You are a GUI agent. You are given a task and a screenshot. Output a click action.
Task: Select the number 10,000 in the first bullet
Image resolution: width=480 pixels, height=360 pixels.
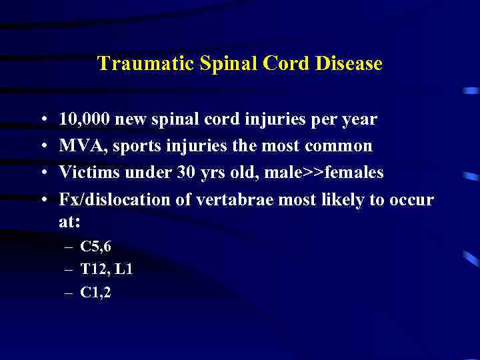coord(85,120)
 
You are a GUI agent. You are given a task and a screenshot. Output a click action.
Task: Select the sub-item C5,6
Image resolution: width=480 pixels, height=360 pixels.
coord(96,247)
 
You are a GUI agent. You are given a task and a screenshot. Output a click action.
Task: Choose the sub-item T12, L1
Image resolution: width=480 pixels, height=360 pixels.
coord(107,269)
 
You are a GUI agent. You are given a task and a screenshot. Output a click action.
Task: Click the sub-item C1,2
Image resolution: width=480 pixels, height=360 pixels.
coord(96,291)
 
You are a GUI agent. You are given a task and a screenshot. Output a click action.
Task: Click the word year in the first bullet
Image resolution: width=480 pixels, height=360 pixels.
coord(359,120)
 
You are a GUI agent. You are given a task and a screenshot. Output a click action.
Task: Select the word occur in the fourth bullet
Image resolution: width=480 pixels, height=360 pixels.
coord(413,199)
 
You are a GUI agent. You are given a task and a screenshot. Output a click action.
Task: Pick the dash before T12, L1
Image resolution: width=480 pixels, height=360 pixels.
coord(69,270)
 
